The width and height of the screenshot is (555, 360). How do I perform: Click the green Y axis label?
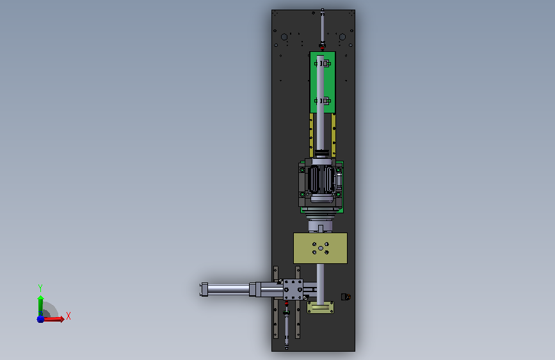pos(40,288)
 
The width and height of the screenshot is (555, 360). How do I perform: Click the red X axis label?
pos(68,316)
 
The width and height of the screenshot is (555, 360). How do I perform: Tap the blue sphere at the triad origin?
pos(41,319)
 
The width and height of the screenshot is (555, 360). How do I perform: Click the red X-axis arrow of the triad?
pos(53,319)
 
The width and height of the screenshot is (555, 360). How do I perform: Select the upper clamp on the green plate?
pos(323,63)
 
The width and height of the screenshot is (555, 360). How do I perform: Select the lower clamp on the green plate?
pos(323,101)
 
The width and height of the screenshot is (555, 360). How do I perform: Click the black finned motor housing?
pos(321,179)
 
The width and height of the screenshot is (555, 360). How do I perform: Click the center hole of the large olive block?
pos(320,249)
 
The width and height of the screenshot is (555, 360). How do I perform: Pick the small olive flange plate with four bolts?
pos(320,307)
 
